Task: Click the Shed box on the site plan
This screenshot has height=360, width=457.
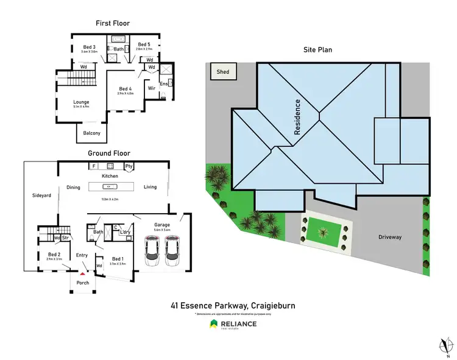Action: (223, 72)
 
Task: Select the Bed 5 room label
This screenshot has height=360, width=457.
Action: (144, 44)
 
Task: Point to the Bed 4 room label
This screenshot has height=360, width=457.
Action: (126, 89)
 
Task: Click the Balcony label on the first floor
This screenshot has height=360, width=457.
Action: (92, 133)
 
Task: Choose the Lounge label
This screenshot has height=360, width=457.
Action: (81, 102)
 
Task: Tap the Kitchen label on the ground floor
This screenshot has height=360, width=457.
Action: (110, 175)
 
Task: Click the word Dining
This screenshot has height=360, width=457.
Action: (73, 188)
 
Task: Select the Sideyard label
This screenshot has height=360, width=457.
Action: (41, 196)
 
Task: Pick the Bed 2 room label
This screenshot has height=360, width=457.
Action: (54, 254)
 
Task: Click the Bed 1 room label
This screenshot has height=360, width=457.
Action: (117, 259)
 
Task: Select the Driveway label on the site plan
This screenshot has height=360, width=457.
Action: (389, 237)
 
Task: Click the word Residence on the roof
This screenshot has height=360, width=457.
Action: (298, 117)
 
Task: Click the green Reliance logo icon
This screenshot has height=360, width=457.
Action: (214, 323)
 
